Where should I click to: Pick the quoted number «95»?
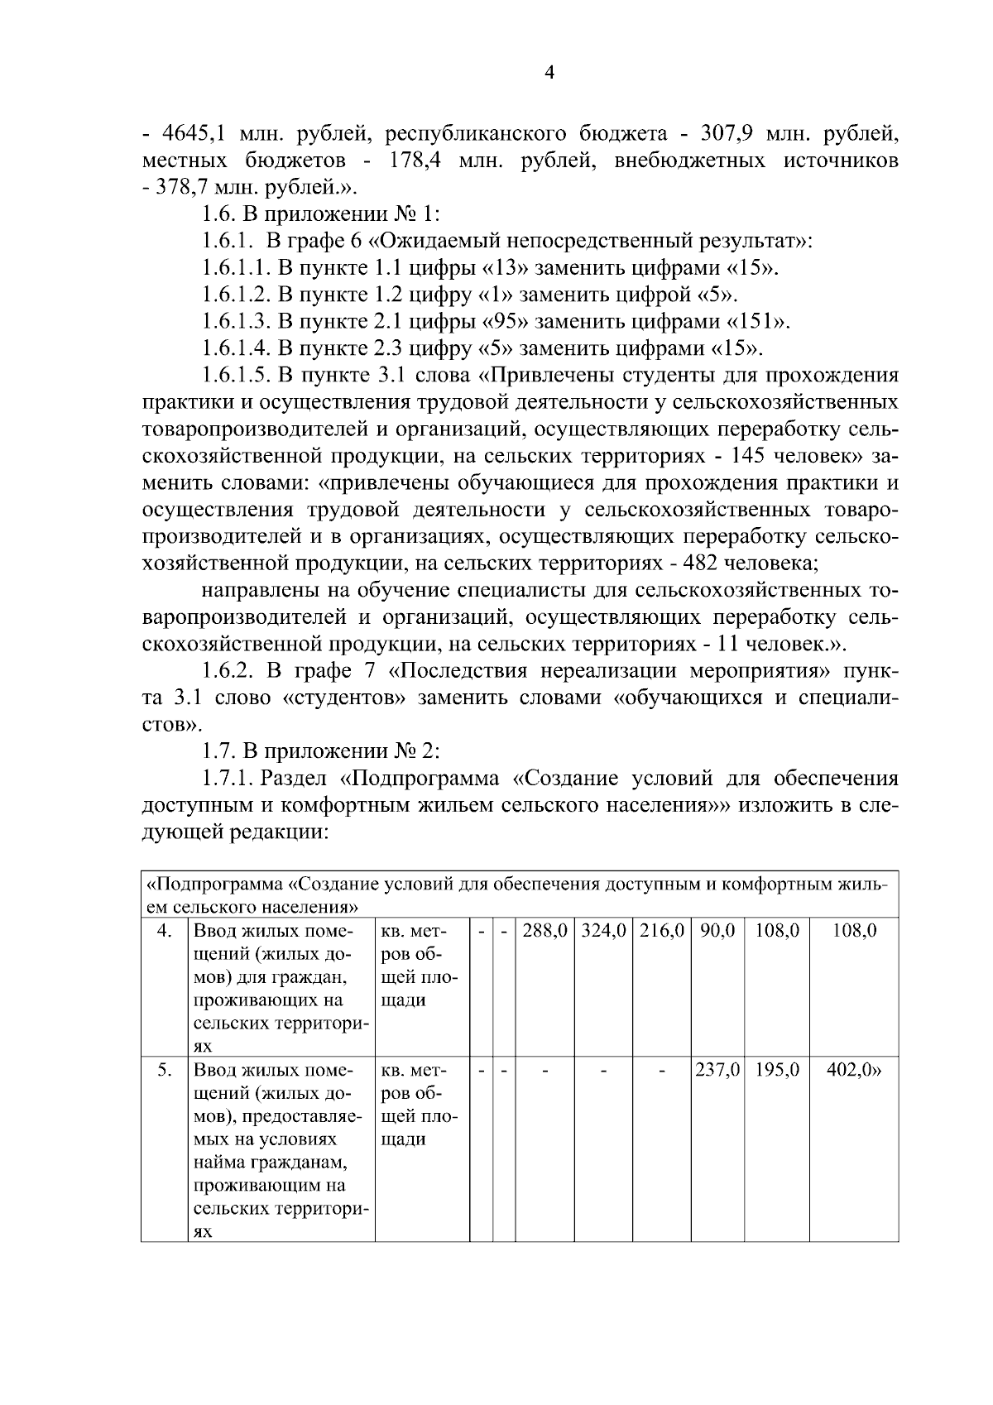click(x=505, y=322)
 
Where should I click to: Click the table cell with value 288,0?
click(x=544, y=931)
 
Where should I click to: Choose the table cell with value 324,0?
click(x=604, y=931)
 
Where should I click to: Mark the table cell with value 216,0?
click(x=662, y=931)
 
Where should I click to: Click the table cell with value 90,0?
click(x=717, y=931)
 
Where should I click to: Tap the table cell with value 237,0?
click(x=717, y=1070)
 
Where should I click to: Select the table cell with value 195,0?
click(x=777, y=1070)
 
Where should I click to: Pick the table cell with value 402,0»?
click(x=854, y=1070)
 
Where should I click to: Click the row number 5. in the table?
click(x=165, y=1070)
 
